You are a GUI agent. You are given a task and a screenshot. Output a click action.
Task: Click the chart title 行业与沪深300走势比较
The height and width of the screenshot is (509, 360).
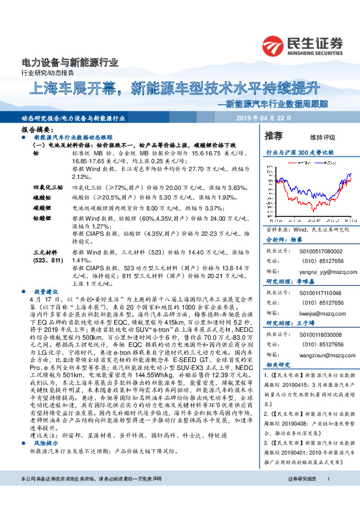point(300,154)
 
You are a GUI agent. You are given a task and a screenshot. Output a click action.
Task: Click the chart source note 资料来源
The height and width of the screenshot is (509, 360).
point(309,229)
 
